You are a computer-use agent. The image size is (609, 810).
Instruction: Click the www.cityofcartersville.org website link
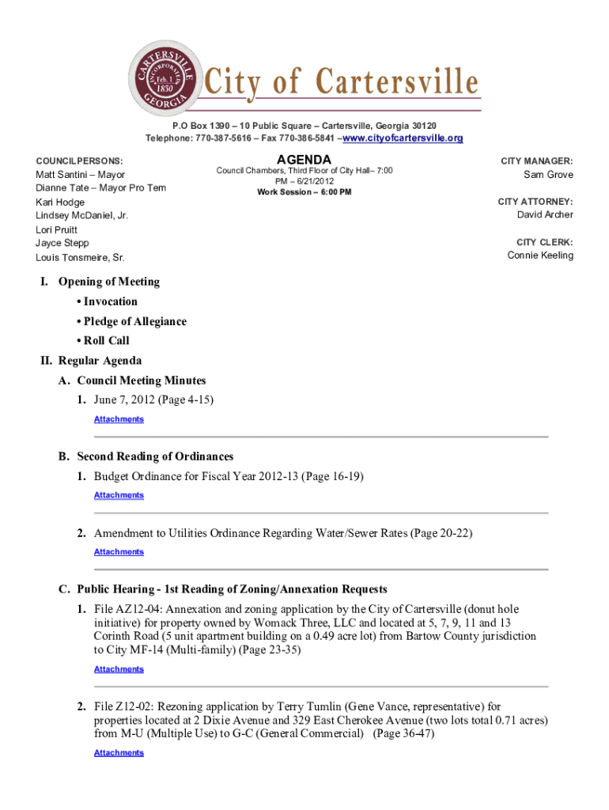pos(402,138)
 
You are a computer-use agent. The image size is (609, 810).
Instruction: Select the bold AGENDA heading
pos(304,161)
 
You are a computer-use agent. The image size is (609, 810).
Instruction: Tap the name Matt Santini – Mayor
pos(80,174)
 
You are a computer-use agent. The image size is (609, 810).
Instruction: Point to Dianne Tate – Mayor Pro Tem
pos(100,187)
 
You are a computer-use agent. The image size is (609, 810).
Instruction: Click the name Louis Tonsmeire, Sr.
pos(80,258)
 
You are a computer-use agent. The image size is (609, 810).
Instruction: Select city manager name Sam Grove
pos(548,175)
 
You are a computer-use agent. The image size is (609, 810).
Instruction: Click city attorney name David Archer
pos(545,215)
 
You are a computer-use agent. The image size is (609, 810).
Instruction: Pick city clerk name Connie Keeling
pos(540,255)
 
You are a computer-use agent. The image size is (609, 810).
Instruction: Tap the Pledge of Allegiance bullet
pos(131,321)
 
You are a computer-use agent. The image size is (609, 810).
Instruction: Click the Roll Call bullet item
pos(103,340)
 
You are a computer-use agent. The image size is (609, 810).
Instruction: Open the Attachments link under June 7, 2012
pos(119,419)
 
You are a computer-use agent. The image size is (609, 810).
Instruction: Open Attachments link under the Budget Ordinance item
pos(119,495)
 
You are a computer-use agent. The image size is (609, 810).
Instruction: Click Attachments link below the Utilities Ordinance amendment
pos(119,552)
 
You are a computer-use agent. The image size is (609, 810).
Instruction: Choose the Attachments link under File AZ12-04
pos(119,669)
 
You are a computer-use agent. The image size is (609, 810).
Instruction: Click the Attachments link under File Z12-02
pos(119,753)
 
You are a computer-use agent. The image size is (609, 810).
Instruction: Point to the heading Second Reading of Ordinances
pos(155,456)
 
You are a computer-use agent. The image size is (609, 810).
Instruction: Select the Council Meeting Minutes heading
pos(142,380)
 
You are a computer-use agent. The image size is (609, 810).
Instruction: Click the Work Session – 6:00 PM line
pos(304,192)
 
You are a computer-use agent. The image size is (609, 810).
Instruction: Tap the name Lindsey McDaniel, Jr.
pos(81,215)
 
